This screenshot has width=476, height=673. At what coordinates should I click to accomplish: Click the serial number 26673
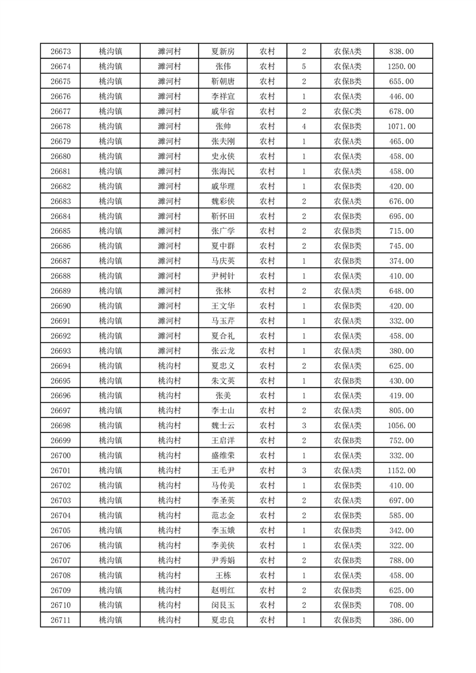click(x=61, y=52)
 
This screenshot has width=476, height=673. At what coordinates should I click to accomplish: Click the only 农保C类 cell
click(x=348, y=112)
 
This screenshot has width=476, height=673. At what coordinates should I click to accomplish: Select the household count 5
click(x=304, y=67)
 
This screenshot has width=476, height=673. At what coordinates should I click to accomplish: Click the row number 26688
click(x=61, y=276)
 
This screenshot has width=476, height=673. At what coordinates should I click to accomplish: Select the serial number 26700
click(x=61, y=456)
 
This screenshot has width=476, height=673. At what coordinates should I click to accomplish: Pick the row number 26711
click(x=61, y=620)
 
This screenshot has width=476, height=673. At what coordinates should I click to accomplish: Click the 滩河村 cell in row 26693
click(x=169, y=351)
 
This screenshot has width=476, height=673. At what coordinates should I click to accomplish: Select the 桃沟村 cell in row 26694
click(x=169, y=366)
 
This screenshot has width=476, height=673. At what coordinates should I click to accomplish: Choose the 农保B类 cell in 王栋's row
click(x=348, y=575)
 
